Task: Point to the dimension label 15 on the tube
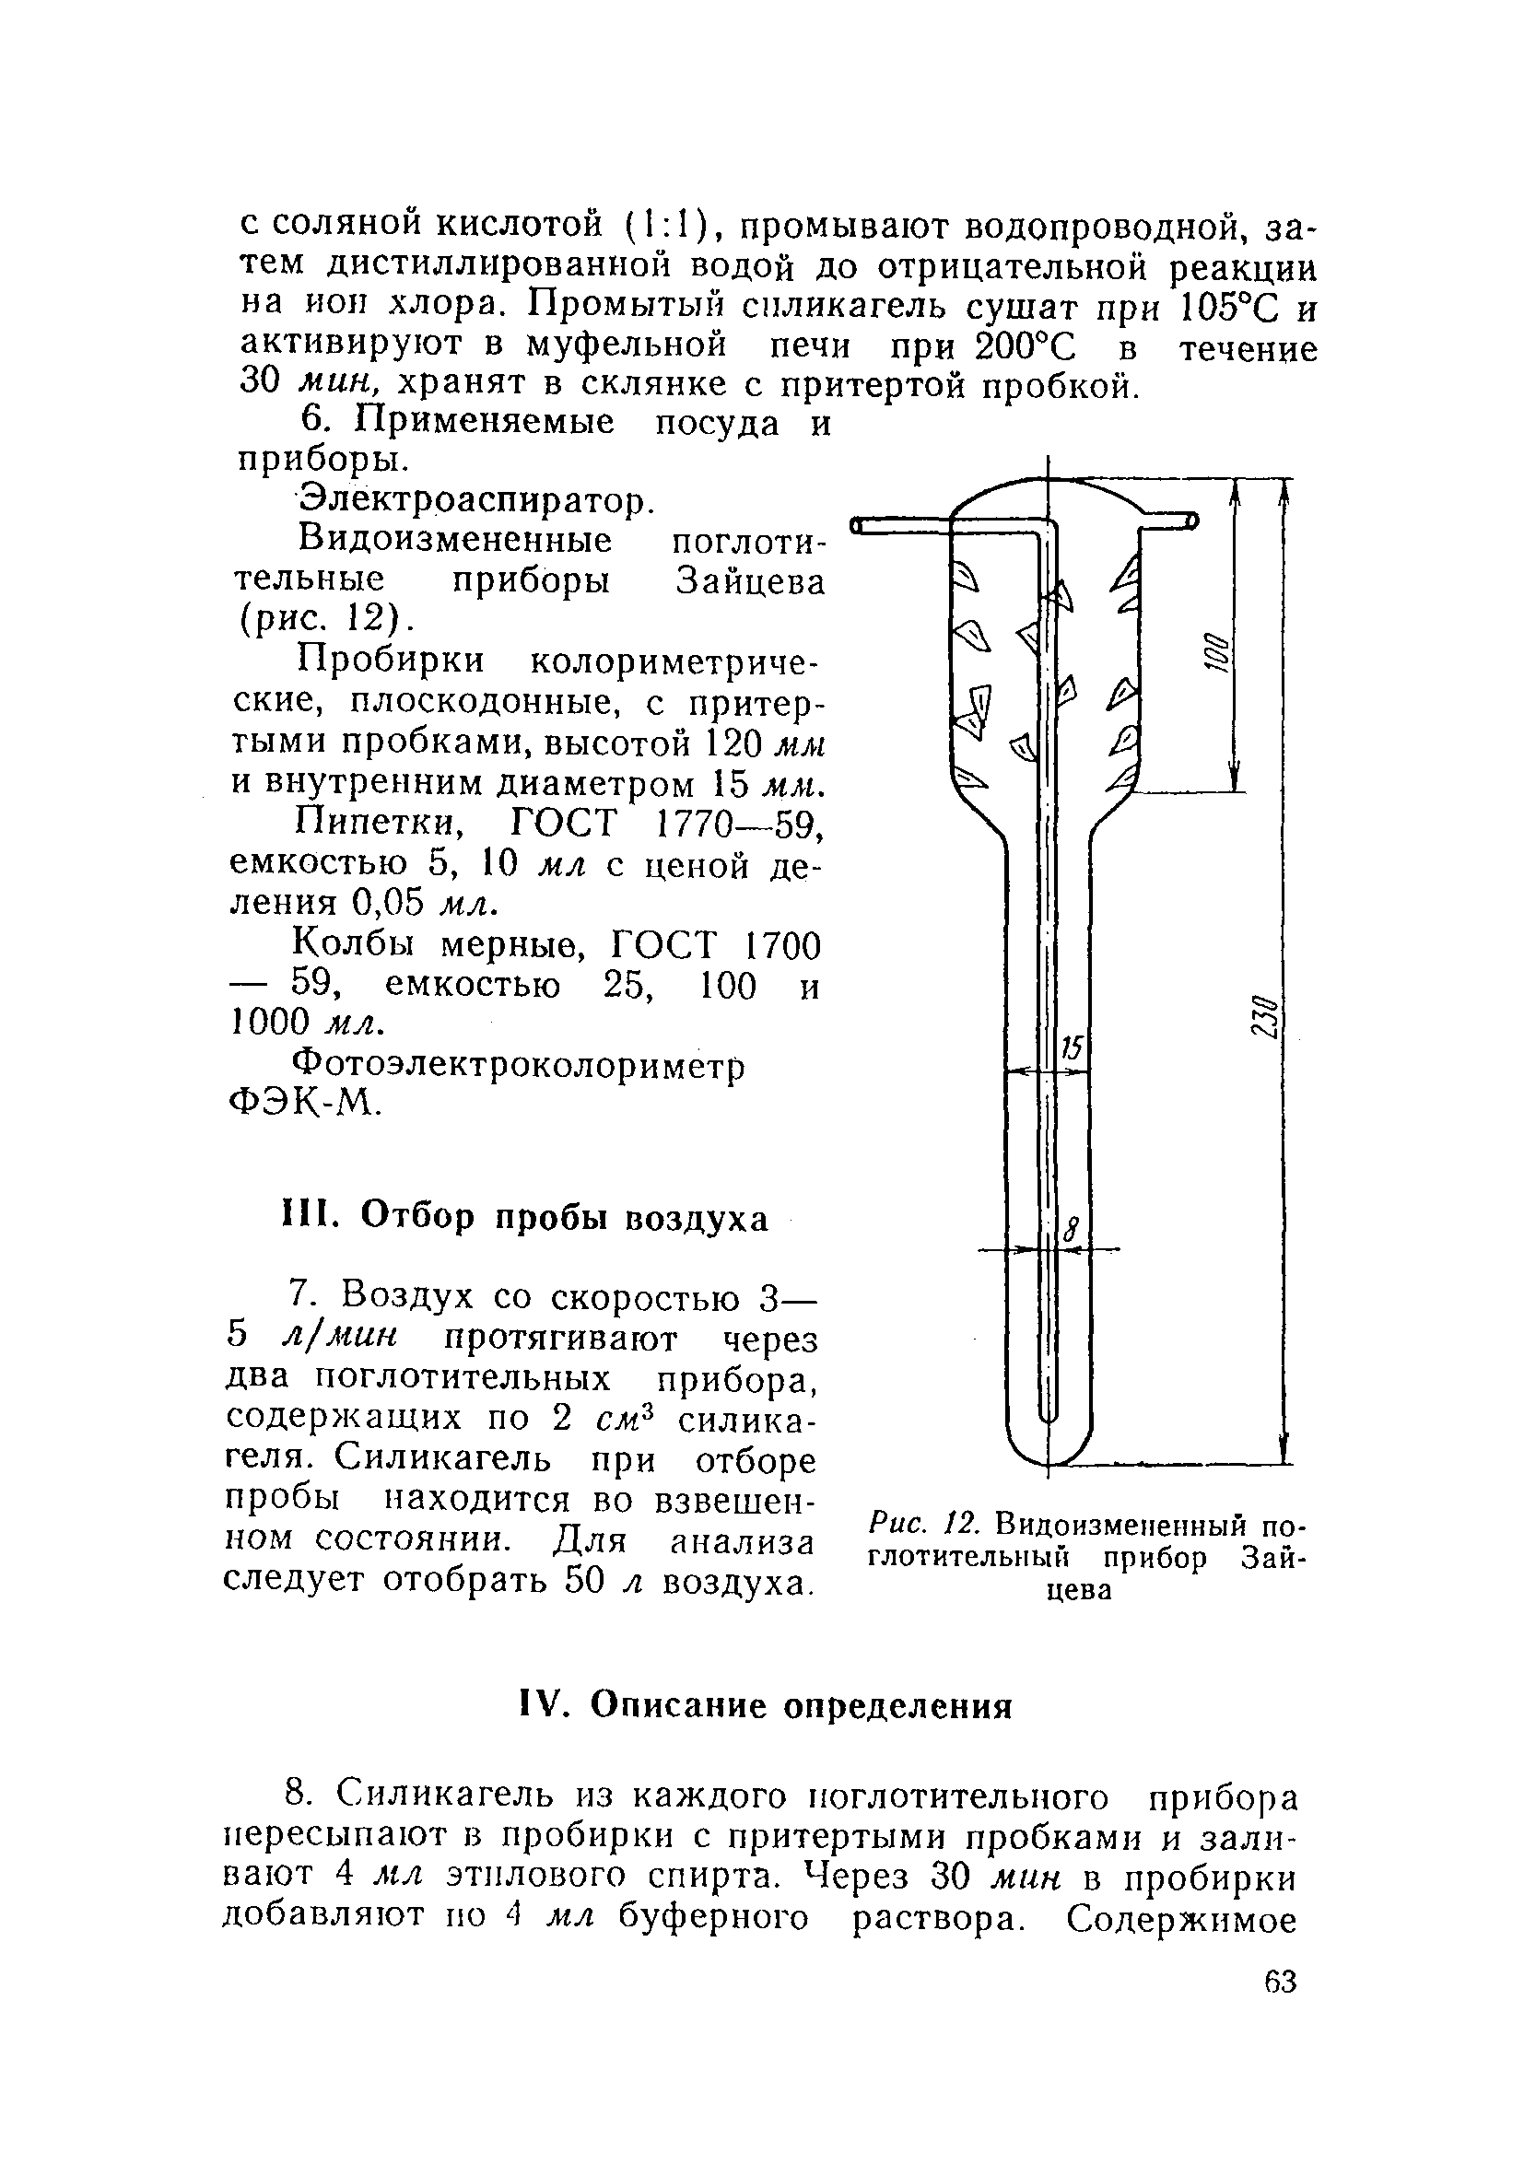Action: pyautogui.click(x=1071, y=1048)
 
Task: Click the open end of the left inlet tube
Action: pyautogui.click(x=855, y=525)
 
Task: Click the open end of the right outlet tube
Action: pyautogui.click(x=1192, y=521)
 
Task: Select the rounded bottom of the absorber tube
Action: pyautogui.click(x=1049, y=1453)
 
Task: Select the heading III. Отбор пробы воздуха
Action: pyautogui.click(x=525, y=1218)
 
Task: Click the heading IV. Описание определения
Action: pyautogui.click(x=766, y=1705)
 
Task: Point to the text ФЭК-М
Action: pyautogui.click(x=305, y=1102)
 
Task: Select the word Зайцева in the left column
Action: pyautogui.click(x=750, y=581)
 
